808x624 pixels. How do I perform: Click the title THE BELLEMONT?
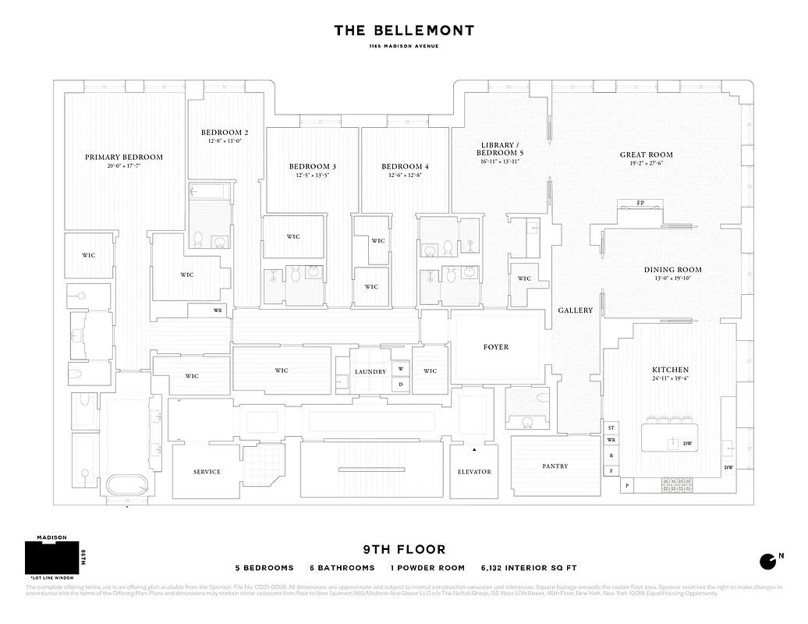click(403, 30)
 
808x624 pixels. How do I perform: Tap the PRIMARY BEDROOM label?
click(124, 157)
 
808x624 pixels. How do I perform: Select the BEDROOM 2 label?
click(225, 133)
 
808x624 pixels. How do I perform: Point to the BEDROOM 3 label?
click(313, 166)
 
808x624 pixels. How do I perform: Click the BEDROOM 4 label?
click(405, 166)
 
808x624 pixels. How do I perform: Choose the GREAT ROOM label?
click(646, 154)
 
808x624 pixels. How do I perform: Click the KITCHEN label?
click(670, 369)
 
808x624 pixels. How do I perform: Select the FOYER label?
click(496, 347)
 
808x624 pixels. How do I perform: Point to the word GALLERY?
click(576, 310)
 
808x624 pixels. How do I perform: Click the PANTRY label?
click(555, 466)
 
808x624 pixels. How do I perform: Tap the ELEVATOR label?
click(474, 472)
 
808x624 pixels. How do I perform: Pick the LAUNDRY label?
click(370, 372)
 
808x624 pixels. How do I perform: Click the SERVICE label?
click(207, 472)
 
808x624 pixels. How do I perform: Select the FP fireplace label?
click(640, 203)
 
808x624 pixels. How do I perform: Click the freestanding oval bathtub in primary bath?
click(128, 484)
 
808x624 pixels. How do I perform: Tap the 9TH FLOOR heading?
click(403, 550)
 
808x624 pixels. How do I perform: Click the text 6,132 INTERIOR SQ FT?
click(530, 568)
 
